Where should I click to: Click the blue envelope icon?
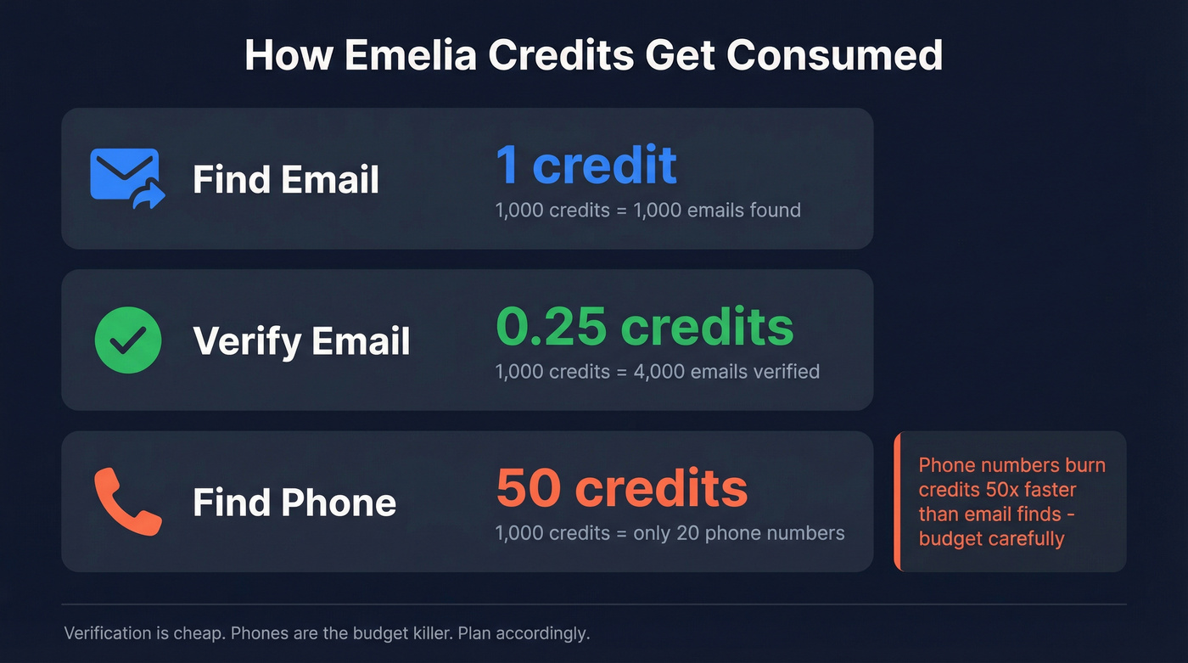(x=124, y=174)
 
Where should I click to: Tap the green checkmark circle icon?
(x=127, y=340)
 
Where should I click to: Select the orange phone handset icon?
(x=127, y=501)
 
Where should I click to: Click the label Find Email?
(x=286, y=180)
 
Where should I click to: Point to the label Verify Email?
(x=301, y=341)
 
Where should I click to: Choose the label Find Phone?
(x=294, y=503)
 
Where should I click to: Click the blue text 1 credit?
(x=586, y=165)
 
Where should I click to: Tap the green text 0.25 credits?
(x=645, y=326)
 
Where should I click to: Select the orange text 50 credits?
(x=622, y=488)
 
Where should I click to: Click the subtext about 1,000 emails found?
(x=647, y=210)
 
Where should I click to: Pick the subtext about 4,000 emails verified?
(x=657, y=371)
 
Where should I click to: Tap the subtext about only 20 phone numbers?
(x=670, y=533)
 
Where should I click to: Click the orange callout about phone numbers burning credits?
(x=1011, y=501)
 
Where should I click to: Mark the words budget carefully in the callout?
(x=991, y=538)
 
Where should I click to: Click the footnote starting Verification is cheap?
(x=327, y=633)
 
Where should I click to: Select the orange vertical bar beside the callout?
(x=896, y=501)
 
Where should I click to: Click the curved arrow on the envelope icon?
(x=149, y=198)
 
